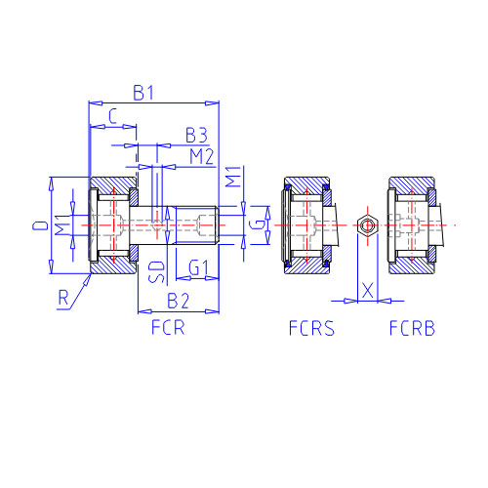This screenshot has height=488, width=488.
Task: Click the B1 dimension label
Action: point(142,93)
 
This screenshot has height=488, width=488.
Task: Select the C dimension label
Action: point(112,116)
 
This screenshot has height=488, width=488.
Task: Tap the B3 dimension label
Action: point(196,135)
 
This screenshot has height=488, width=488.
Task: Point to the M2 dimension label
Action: point(202,156)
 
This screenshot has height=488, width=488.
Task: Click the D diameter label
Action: point(40,225)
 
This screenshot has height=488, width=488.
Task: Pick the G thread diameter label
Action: point(259,224)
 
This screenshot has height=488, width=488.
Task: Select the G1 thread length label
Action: point(198,268)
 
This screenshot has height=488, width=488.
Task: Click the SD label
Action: point(157,271)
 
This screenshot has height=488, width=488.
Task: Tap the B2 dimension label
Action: point(178,301)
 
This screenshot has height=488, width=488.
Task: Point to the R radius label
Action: point(63,298)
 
